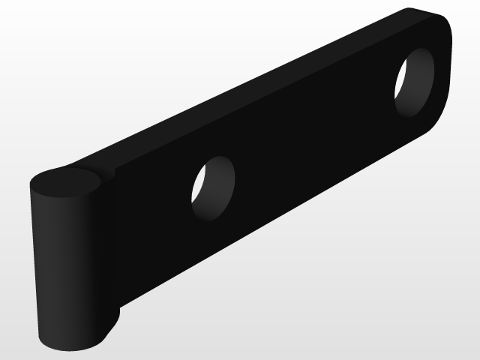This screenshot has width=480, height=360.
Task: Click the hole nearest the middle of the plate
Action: (213, 188)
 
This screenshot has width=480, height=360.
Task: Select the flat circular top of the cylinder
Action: (66, 182)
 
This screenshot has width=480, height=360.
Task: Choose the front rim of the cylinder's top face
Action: (67, 196)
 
